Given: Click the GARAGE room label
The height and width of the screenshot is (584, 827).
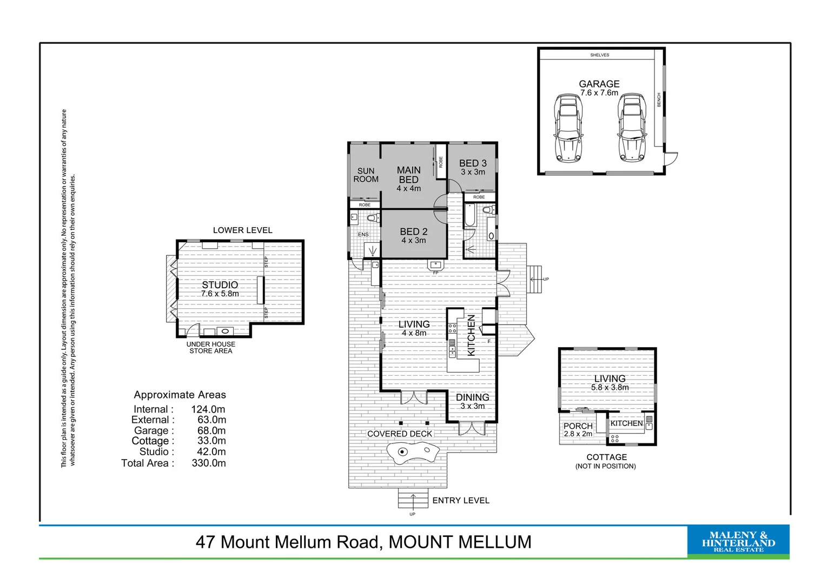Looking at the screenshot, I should pyautogui.click(x=599, y=84).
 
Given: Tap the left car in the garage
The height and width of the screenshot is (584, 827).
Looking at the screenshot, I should pyautogui.click(x=568, y=128).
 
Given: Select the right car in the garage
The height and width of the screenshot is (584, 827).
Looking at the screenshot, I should pyautogui.click(x=632, y=128).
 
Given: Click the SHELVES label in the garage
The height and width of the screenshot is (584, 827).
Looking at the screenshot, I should pyautogui.click(x=599, y=55).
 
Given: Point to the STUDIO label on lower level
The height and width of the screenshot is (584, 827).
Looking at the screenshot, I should pyautogui.click(x=220, y=285).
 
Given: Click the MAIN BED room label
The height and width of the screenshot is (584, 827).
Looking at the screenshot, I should pyautogui.click(x=408, y=175).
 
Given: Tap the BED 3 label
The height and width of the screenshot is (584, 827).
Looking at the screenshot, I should pyautogui.click(x=473, y=163).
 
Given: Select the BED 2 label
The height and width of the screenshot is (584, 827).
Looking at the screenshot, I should pyautogui.click(x=413, y=231).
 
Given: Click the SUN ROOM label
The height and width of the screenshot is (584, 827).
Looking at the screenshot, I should pyautogui.click(x=366, y=175).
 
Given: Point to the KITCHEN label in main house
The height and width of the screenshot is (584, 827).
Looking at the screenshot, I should pyautogui.click(x=471, y=335).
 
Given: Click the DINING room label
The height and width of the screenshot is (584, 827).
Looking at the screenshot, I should pyautogui.click(x=472, y=397).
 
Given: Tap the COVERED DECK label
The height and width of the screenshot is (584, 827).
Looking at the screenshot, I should pyautogui.click(x=400, y=434).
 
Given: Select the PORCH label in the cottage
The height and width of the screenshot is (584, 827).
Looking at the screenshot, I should pyautogui.click(x=578, y=426).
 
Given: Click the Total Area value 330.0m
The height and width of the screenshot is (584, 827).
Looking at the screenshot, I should pyautogui.click(x=209, y=463).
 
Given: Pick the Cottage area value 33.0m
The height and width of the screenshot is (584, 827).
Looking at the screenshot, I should pyautogui.click(x=211, y=441).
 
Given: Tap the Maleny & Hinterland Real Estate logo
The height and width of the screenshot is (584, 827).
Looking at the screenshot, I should pyautogui.click(x=738, y=541).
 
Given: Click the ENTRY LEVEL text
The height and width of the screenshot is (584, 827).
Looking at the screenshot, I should pyautogui.click(x=461, y=501).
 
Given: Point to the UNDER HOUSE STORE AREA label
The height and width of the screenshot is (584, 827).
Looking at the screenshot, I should pyautogui.click(x=210, y=348).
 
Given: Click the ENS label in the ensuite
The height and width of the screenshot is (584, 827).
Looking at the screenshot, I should pyautogui.click(x=363, y=235).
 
